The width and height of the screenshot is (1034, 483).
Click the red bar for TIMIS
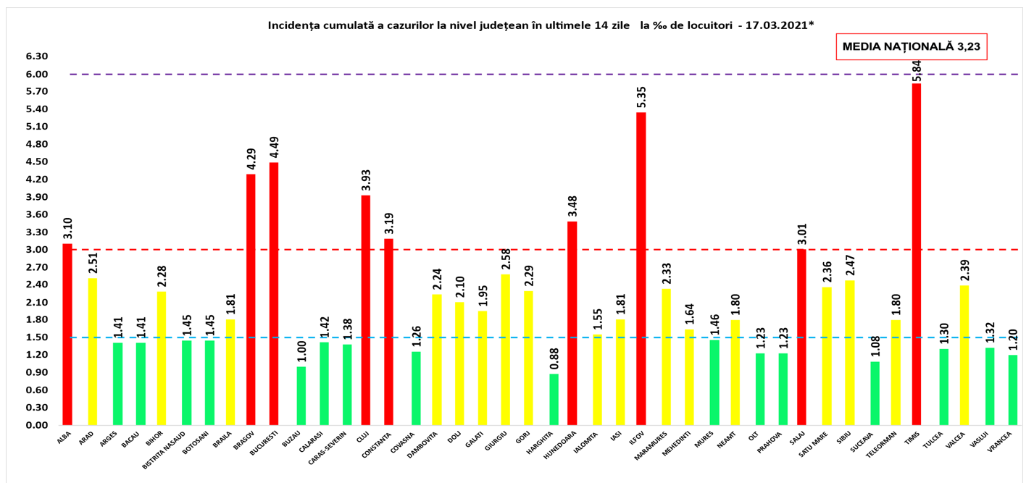tap(917, 253)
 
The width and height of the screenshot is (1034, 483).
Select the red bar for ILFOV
tap(641, 268)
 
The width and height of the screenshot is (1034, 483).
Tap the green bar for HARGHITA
tap(554, 399)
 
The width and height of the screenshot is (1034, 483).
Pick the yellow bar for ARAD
tap(93, 351)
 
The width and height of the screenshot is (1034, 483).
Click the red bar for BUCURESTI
tap(274, 293)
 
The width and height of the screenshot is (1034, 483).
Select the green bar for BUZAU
tap(301, 395)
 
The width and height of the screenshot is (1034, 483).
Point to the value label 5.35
tap(641, 96)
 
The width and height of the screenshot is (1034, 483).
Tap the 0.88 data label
tap(554, 357)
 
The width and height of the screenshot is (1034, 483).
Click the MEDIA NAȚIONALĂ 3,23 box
tap(912, 46)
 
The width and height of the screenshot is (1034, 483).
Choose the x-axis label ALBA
tap(64, 437)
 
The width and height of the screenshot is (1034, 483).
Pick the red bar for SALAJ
tap(801, 337)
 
